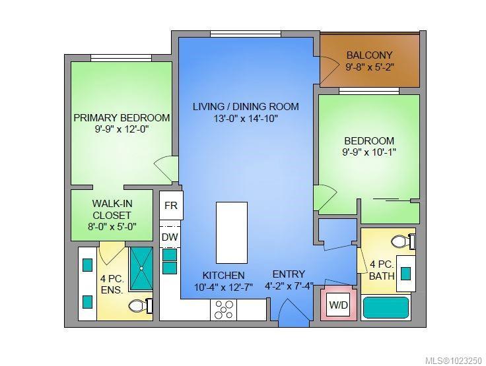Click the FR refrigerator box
point(171,206)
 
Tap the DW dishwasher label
point(170,237)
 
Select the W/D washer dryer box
point(339,305)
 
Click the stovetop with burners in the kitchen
point(223,310)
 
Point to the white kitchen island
point(232,233)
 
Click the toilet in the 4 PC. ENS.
point(140,305)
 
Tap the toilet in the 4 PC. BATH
point(403,241)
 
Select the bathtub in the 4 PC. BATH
point(386,307)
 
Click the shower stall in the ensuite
point(141,268)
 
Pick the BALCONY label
point(369,55)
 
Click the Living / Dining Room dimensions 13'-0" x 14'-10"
point(246,119)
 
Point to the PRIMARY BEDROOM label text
point(121,117)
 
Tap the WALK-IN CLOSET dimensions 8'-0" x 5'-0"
point(112,227)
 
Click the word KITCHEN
point(223,275)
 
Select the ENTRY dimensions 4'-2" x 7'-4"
point(289,286)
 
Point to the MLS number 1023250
point(453,361)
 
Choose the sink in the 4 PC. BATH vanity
point(405,274)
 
